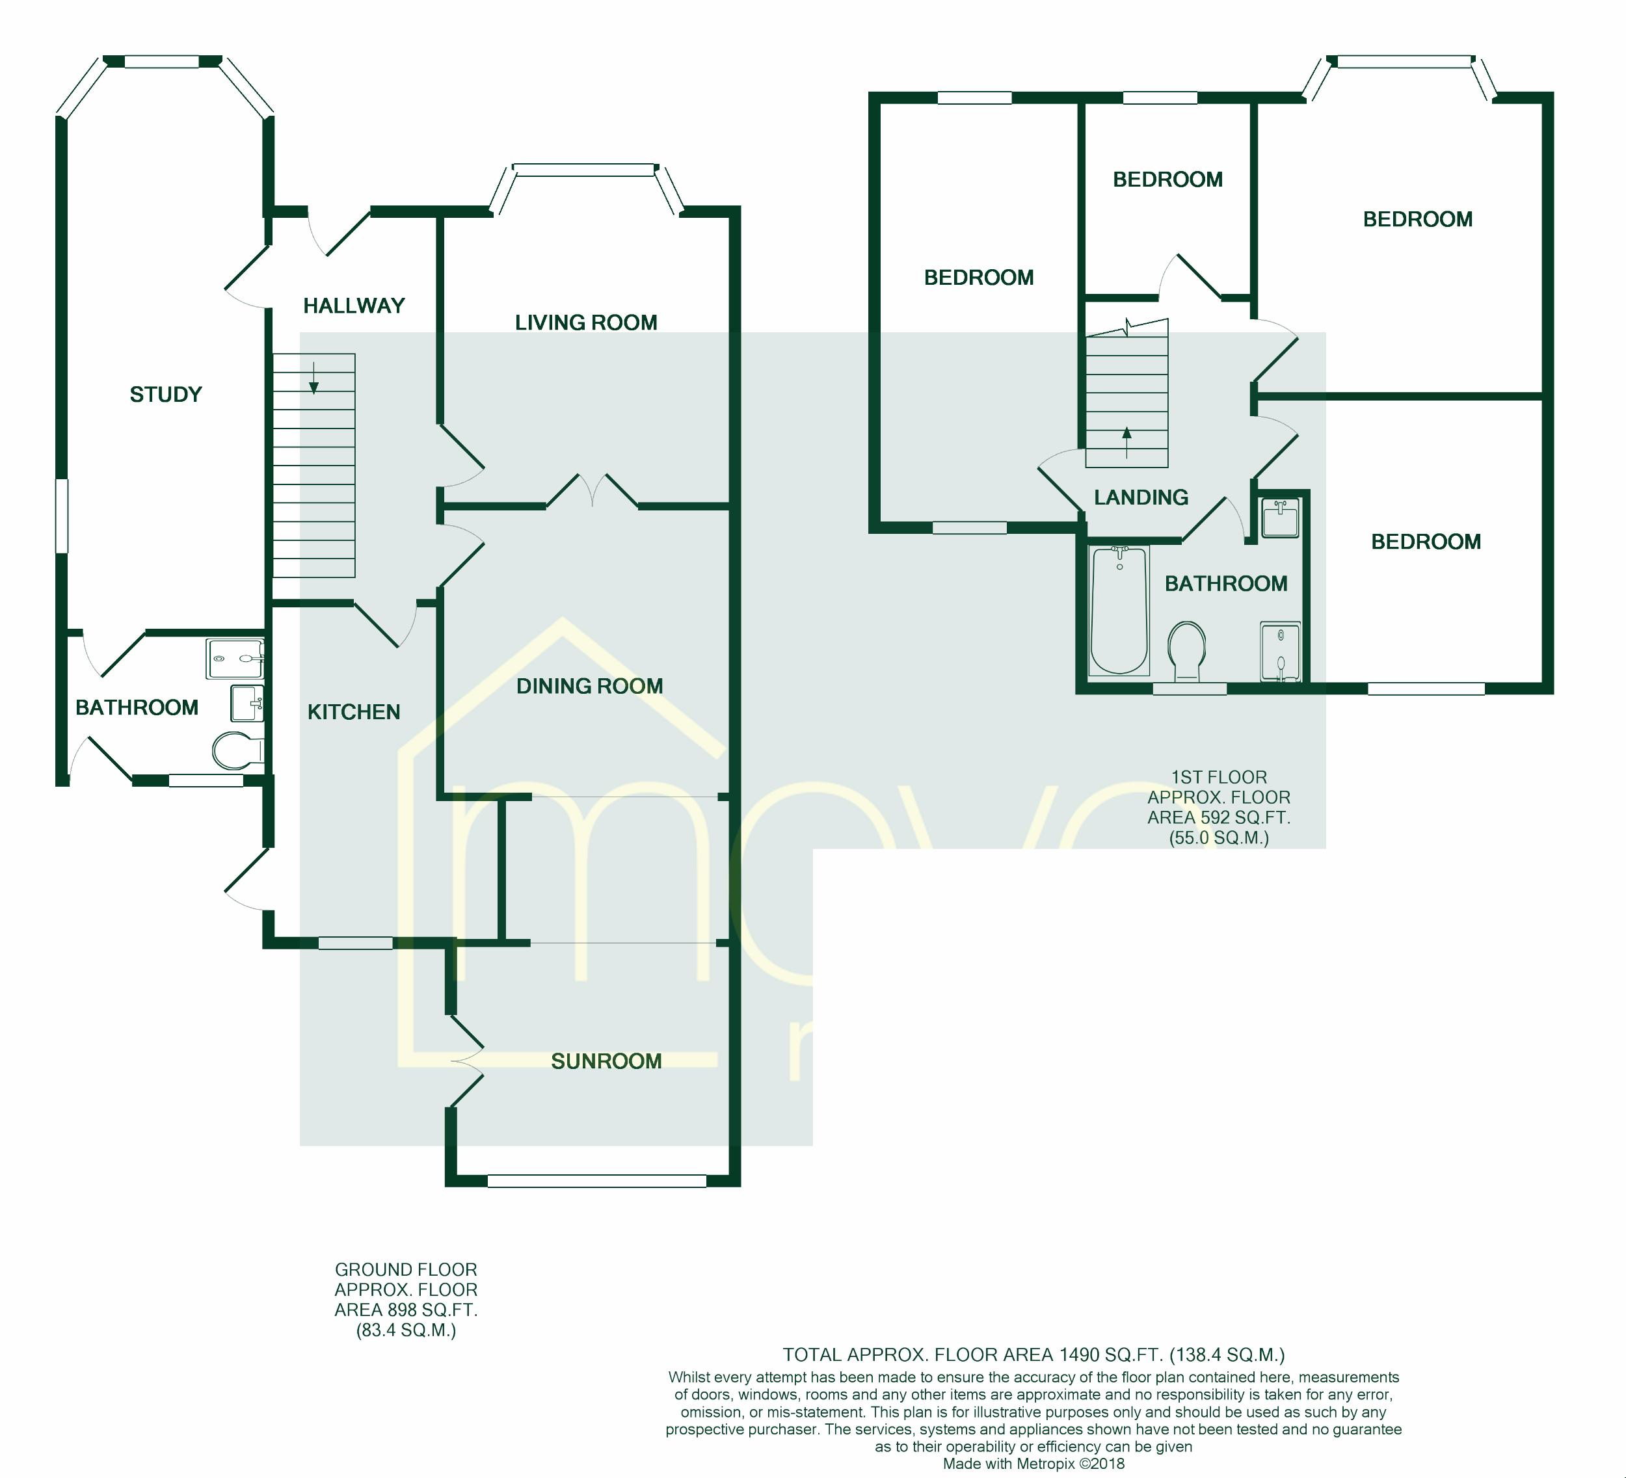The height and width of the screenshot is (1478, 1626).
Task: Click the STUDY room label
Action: coord(165,394)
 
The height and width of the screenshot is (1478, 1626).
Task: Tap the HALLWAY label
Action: coord(353,306)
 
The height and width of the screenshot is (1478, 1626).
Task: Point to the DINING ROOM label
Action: coord(589,686)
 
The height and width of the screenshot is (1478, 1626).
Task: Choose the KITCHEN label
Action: coord(353,712)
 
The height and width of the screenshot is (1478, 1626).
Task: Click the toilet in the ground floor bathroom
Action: coord(235,750)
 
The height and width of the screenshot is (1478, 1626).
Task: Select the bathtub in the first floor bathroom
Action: coord(1119,611)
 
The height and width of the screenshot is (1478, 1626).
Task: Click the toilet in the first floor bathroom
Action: coord(1186,649)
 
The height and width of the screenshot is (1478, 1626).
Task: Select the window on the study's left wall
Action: coord(61,516)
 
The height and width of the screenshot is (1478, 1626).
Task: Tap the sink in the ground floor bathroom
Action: coord(246,702)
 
